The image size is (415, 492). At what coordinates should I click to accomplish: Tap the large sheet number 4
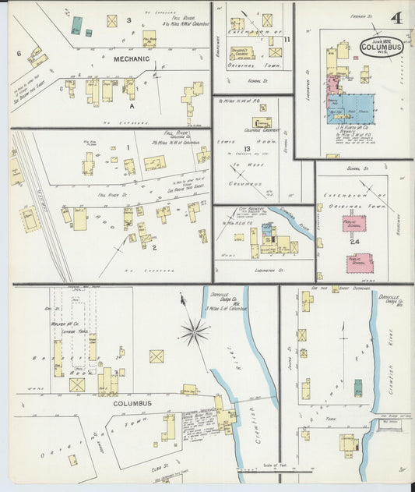click(x=396, y=17)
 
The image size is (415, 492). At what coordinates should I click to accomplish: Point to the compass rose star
click(x=193, y=332)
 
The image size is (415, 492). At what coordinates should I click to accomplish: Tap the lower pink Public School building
click(x=359, y=262)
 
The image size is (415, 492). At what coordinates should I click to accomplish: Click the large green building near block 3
click(x=76, y=24)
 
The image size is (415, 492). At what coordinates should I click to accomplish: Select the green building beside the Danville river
click(x=357, y=388)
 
